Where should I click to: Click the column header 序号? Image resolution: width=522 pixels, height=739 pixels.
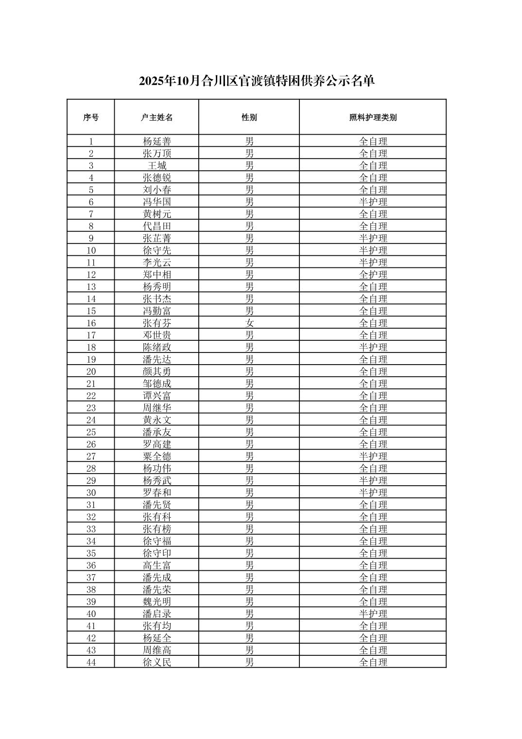(x=91, y=118)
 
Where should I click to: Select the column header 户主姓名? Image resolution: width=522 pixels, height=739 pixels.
(x=157, y=118)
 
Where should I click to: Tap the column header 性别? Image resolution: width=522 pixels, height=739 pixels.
(x=249, y=118)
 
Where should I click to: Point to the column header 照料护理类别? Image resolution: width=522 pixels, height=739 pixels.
(x=373, y=118)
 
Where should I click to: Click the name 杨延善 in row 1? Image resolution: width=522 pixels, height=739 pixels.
(x=157, y=141)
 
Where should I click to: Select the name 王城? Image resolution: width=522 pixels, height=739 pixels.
(x=157, y=166)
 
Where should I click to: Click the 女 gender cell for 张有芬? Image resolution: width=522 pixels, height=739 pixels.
(x=249, y=323)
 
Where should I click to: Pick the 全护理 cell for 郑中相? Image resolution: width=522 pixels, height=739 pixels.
(x=373, y=275)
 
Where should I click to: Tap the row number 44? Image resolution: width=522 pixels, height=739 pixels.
(x=91, y=662)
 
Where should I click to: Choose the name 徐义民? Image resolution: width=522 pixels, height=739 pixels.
(x=157, y=662)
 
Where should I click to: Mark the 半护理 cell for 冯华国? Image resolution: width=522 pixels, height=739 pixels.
(x=373, y=202)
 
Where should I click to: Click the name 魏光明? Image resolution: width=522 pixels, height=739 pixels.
(x=157, y=602)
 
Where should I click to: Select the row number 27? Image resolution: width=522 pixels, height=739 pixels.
(x=91, y=457)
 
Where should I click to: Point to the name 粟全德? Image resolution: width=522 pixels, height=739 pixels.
(x=157, y=457)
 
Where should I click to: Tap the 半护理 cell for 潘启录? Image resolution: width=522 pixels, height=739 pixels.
(x=373, y=614)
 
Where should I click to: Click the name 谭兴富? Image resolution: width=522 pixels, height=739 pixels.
(x=157, y=396)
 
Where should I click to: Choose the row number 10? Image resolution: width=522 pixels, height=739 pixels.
(x=91, y=250)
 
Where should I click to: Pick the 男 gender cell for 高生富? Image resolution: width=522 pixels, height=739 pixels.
(x=249, y=565)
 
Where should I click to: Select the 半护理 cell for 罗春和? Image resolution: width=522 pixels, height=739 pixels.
(x=373, y=493)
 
